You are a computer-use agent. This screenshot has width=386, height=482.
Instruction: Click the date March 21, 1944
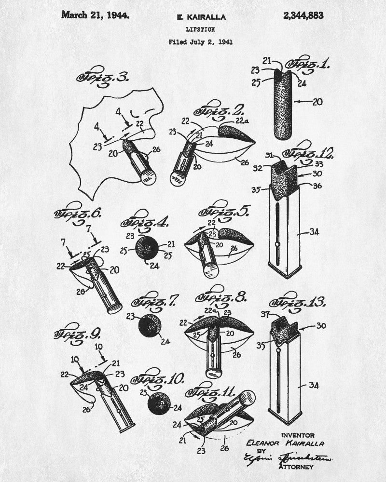(95, 15)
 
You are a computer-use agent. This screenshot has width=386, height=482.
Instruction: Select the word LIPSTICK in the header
(200, 29)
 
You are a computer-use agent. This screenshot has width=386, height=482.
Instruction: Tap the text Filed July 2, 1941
(200, 41)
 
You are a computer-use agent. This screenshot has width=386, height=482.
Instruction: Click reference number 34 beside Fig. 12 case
(314, 232)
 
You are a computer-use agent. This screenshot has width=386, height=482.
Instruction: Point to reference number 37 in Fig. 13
(264, 314)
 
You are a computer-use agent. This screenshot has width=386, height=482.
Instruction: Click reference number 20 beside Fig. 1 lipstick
(317, 102)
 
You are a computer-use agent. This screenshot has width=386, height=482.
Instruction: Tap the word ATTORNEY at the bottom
(295, 467)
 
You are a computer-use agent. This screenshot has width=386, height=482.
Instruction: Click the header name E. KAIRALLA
(200, 17)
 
